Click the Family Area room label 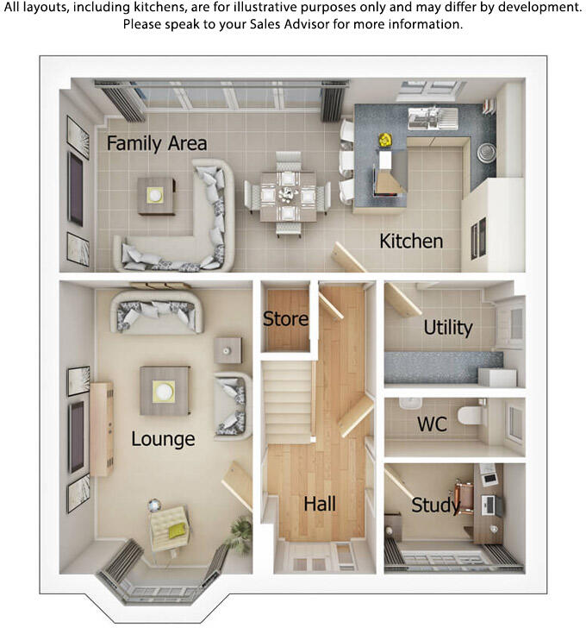tap(157, 143)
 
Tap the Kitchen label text tap(411, 241)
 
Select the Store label tap(285, 318)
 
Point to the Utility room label tap(448, 328)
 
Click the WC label tap(432, 424)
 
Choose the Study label tap(435, 505)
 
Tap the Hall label tap(320, 504)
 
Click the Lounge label tap(163, 439)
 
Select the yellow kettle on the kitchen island tap(385, 138)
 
